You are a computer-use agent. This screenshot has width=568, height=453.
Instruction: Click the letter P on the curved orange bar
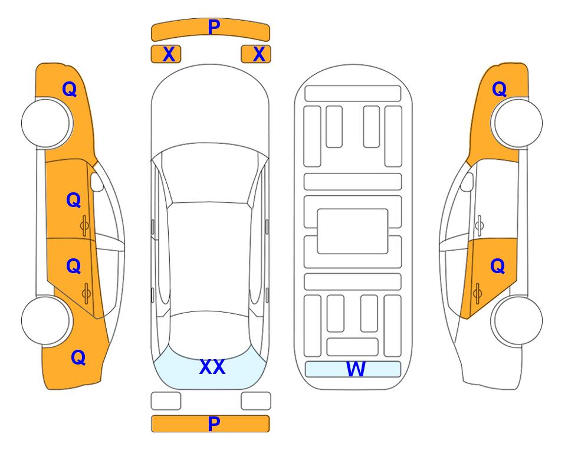pyautogui.click(x=214, y=27)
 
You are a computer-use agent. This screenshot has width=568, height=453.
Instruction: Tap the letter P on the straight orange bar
pyautogui.click(x=214, y=424)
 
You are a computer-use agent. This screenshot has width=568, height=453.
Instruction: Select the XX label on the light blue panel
pyautogui.click(x=212, y=367)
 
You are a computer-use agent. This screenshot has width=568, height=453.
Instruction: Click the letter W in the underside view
pyautogui.click(x=355, y=369)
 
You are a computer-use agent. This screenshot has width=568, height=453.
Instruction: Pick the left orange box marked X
pyautogui.click(x=166, y=54)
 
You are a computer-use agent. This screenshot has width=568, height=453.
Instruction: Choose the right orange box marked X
pyautogui.click(x=256, y=54)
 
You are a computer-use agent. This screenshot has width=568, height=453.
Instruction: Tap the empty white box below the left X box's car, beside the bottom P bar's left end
pyautogui.click(x=166, y=401)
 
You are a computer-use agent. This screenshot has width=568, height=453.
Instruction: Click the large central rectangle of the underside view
pyautogui.click(x=353, y=231)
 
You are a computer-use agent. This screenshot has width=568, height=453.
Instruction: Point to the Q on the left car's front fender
pyautogui.click(x=70, y=89)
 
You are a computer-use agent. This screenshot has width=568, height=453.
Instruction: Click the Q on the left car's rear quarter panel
pyautogui.click(x=78, y=357)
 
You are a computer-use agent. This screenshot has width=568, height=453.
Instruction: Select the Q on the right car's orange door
pyautogui.click(x=497, y=267)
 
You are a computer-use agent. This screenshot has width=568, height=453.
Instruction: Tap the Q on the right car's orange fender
pyautogui.click(x=499, y=89)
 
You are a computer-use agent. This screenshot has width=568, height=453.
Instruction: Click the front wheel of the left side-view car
pyautogui.click(x=47, y=123)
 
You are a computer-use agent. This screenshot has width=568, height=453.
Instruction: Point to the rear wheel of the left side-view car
pyautogui.click(x=47, y=320)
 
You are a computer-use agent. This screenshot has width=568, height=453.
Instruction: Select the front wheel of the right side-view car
pyautogui.click(x=517, y=123)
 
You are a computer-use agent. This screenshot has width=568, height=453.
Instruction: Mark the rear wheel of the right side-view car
pyautogui.click(x=517, y=320)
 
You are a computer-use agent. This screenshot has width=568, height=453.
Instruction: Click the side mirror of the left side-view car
pyautogui.click(x=96, y=182)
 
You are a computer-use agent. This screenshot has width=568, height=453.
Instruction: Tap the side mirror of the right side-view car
pyautogui.click(x=467, y=182)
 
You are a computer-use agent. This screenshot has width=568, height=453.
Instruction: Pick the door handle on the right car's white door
pyautogui.click(x=480, y=225)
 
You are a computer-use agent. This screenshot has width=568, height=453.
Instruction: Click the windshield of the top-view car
pyautogui.click(x=210, y=173)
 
